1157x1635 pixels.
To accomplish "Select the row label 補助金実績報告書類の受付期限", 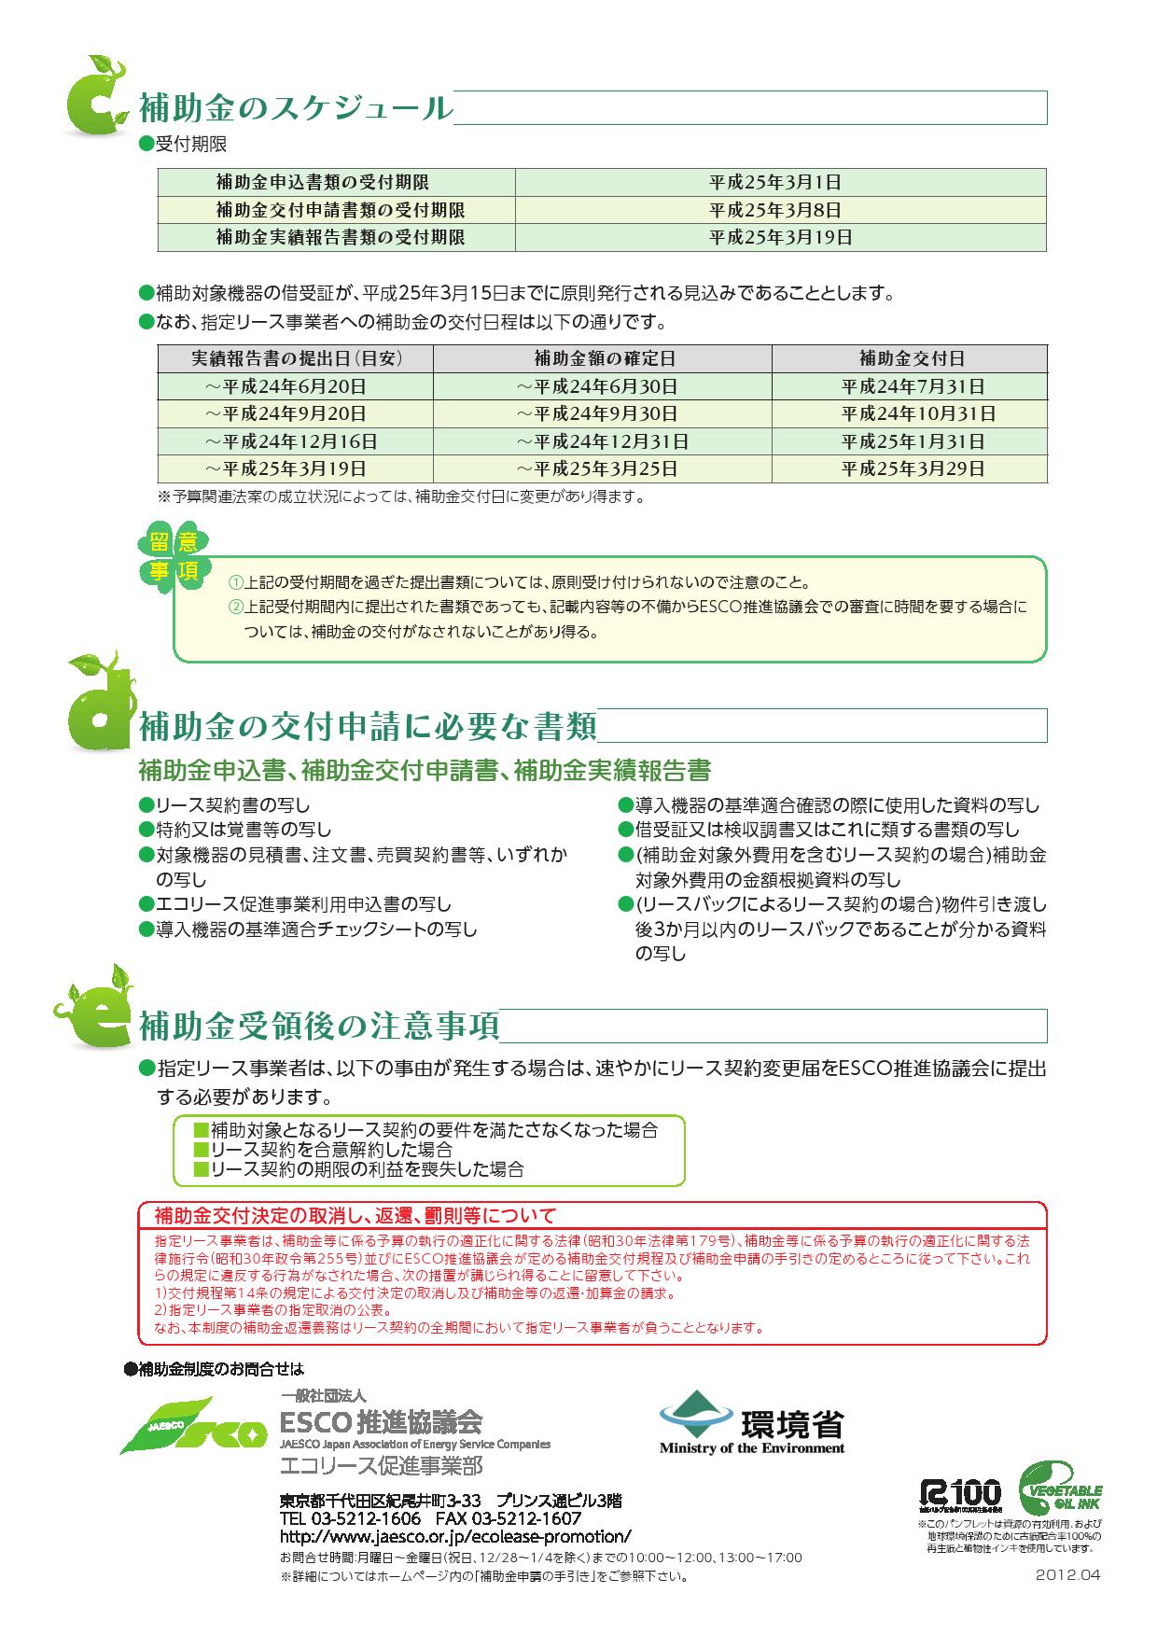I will click(340, 237).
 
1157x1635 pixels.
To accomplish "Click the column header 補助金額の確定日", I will click(604, 358).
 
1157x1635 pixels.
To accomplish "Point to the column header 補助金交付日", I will click(911, 358).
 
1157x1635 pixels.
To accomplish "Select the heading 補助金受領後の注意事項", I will click(318, 1027).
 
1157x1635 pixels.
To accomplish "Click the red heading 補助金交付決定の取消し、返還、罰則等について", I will click(355, 1216).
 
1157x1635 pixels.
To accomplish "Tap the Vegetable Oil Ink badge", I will click(1061, 1490).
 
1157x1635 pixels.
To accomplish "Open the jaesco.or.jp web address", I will click(455, 1536).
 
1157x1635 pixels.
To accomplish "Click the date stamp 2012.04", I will click(1068, 1574).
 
